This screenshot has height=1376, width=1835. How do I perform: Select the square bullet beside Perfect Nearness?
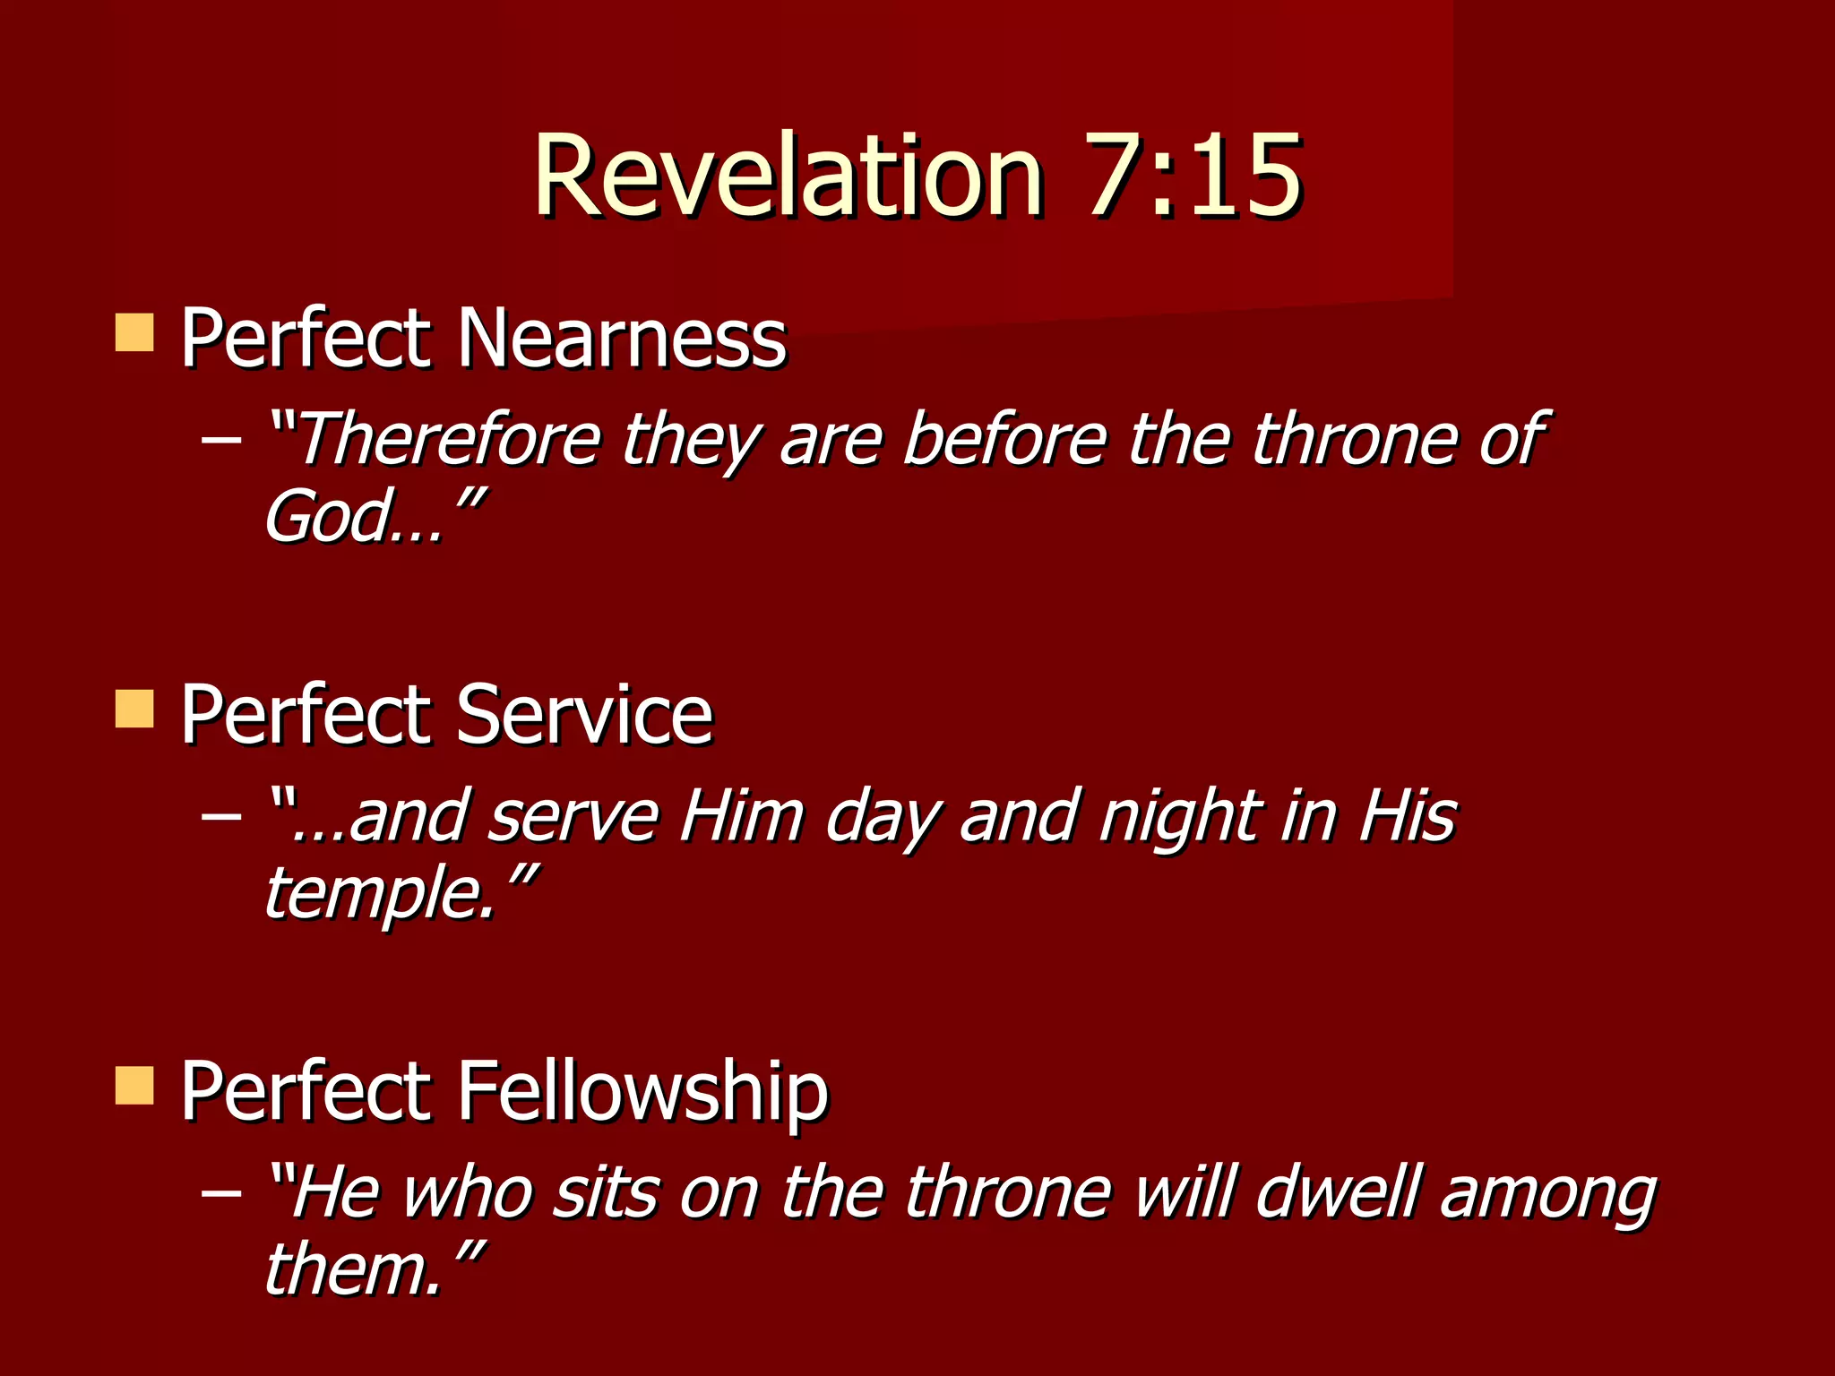(x=134, y=332)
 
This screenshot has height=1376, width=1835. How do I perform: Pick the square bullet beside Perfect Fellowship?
(x=134, y=1086)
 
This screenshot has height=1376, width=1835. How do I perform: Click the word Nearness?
(x=622, y=339)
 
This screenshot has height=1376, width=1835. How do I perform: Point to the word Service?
(x=584, y=715)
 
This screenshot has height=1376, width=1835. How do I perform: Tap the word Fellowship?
(x=642, y=1091)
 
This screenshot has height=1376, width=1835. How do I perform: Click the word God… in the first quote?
(x=354, y=517)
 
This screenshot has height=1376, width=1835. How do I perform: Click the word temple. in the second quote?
(x=380, y=894)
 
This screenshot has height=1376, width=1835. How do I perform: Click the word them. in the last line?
(x=355, y=1270)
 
